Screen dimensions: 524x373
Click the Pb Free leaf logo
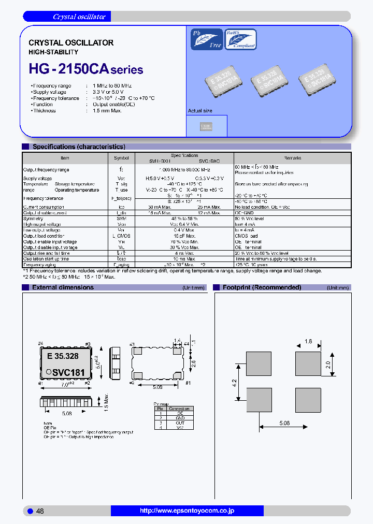point(207,39)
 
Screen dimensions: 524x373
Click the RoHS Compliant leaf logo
point(240,39)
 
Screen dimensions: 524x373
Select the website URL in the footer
point(187,511)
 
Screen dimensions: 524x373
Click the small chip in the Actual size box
point(206,126)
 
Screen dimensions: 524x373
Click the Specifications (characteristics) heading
point(79,147)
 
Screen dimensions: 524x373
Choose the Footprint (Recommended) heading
point(262,287)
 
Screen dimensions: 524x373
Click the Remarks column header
point(292,158)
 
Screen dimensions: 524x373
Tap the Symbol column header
point(121,158)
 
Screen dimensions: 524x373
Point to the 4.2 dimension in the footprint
point(234,383)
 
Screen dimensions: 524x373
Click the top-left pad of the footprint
point(259,365)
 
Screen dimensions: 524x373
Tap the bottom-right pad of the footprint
point(308,399)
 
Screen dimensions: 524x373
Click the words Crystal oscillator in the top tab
point(79,17)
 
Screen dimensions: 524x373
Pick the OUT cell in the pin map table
point(180,423)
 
